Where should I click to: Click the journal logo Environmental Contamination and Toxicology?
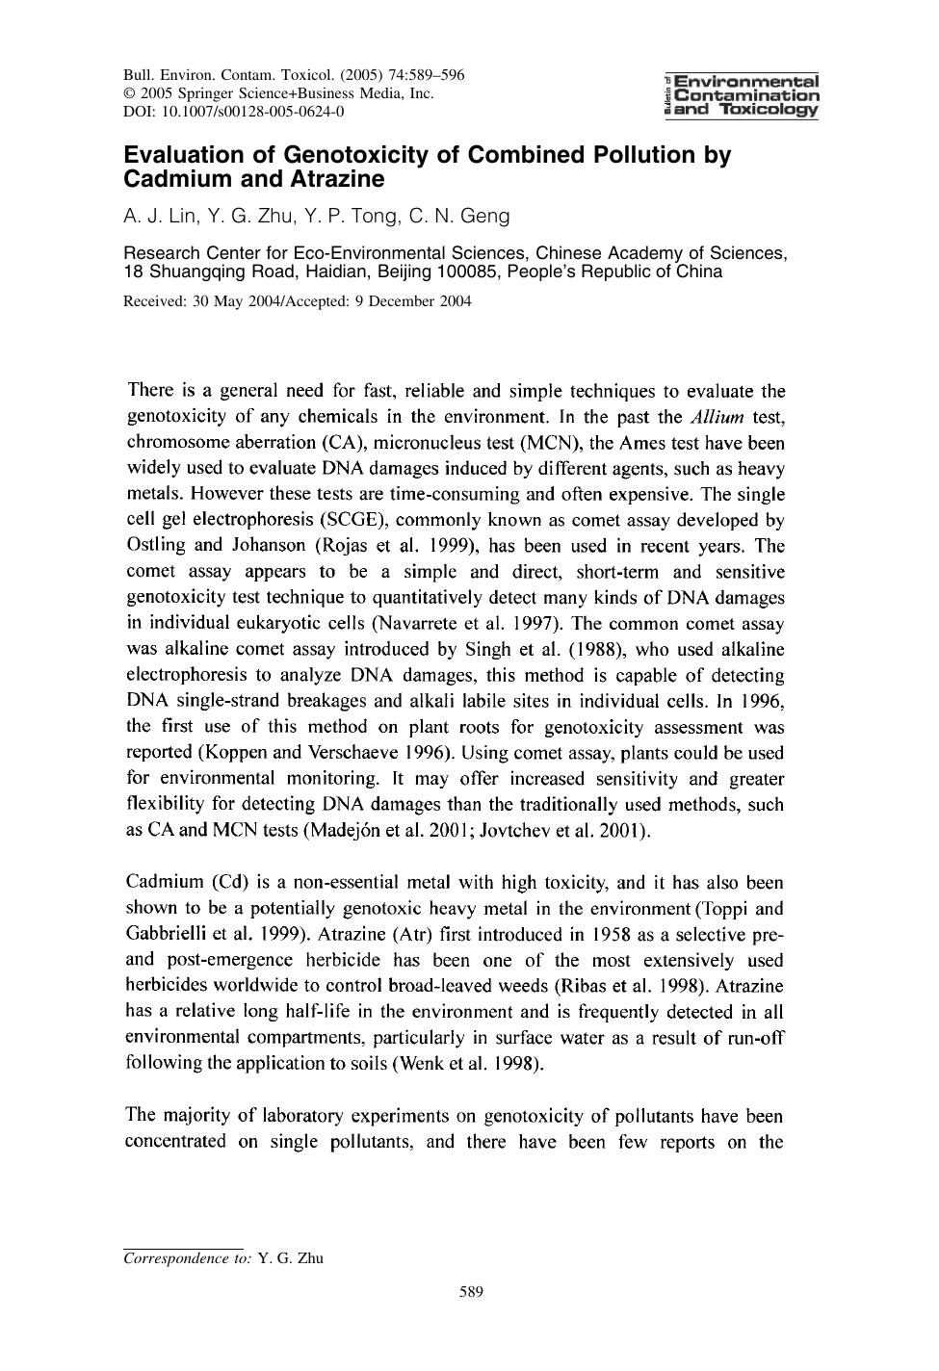pos(741,95)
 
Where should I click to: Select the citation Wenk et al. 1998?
pos(464,1064)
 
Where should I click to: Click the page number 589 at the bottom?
pos(470,1292)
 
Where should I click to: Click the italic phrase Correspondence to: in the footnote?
pos(188,1257)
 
